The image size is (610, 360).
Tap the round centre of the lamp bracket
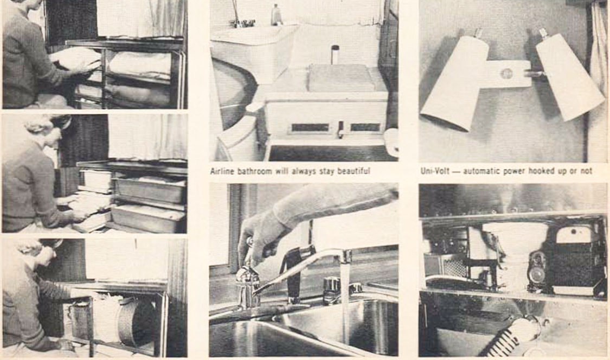(x=506, y=73)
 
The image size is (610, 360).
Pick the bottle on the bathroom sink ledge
(x=276, y=15)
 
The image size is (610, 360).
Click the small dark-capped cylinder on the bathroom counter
(x=335, y=54)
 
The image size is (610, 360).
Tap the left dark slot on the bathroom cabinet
(x=310, y=127)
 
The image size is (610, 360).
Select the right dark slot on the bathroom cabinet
(x=365, y=127)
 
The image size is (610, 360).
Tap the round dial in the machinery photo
(x=537, y=272)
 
